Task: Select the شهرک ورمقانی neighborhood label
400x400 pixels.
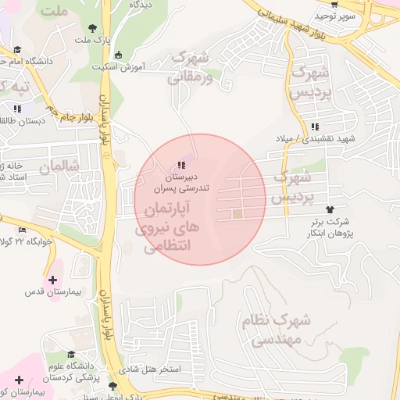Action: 190,67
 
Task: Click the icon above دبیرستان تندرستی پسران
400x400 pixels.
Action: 181,165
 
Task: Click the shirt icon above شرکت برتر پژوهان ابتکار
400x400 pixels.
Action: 330,209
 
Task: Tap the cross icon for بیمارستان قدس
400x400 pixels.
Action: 52,279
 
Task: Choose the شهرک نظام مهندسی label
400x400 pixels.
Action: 281,330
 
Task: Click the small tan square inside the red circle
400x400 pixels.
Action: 237,213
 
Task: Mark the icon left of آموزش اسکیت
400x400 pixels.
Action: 118,55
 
